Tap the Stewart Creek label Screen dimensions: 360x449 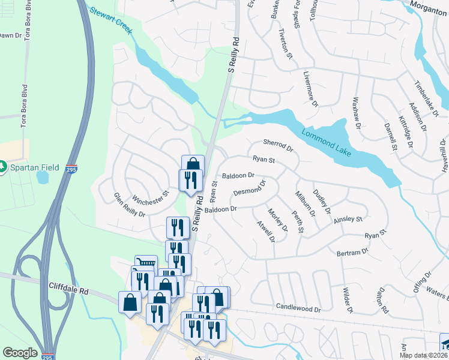[109, 20]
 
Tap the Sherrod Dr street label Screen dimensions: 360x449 [277, 145]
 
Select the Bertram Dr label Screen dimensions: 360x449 [352, 253]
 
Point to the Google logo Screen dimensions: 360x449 [20, 353]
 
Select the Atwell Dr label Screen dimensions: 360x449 [266, 231]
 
